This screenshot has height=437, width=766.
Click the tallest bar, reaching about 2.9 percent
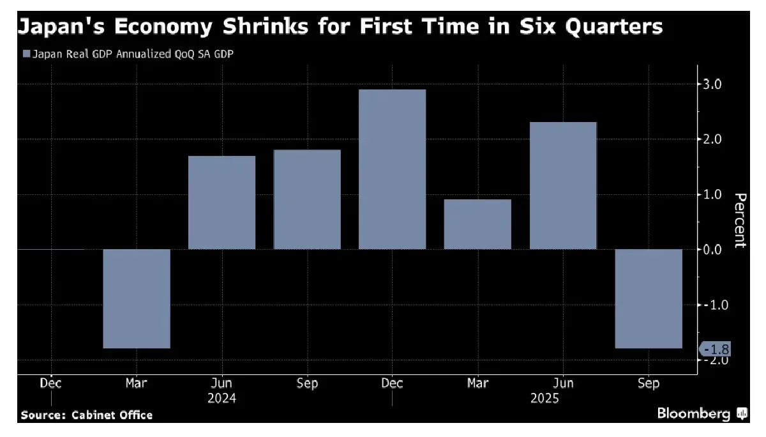[392, 169]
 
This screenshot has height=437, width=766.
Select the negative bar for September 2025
[649, 298]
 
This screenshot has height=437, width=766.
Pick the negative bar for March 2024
[137, 298]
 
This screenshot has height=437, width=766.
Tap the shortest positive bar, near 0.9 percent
[477, 224]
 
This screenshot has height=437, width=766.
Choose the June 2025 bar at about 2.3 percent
[563, 185]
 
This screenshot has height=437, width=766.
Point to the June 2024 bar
[222, 203]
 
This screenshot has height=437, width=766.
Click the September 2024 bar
[307, 199]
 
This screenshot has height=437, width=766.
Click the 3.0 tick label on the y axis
[712, 84]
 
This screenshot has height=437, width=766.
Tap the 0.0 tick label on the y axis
[712, 249]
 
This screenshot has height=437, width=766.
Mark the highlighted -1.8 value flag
[716, 349]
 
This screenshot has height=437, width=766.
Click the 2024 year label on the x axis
[222, 399]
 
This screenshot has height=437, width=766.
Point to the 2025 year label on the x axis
[544, 399]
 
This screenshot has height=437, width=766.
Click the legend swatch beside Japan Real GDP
[26, 54]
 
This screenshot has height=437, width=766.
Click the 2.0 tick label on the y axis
[712, 139]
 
